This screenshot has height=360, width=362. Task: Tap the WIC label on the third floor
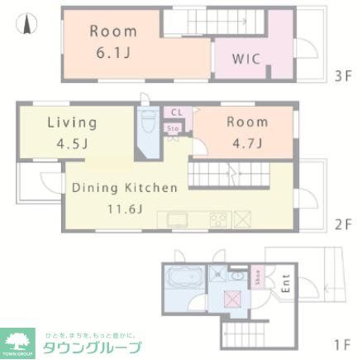coord(246,60)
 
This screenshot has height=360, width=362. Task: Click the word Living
coord(71,122)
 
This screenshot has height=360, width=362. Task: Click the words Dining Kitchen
coord(124,188)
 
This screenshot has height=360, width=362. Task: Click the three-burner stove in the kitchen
coord(219,219)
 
